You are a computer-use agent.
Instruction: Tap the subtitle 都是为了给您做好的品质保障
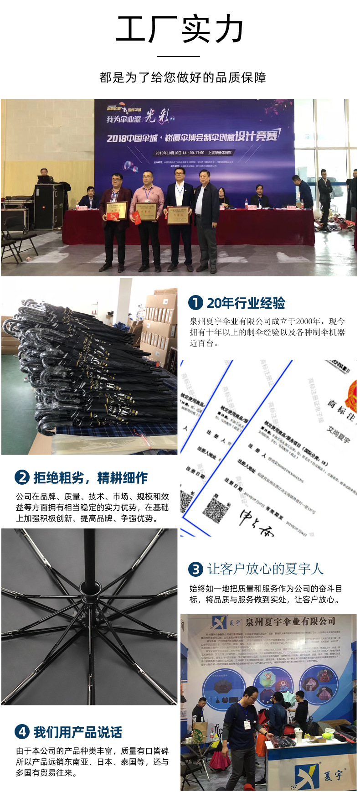coord(183,78)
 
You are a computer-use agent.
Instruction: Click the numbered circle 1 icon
coord(195,303)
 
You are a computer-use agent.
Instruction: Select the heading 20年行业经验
coord(246,303)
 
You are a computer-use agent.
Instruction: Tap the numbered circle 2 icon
coord(22,477)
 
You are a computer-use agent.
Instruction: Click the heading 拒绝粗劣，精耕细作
coord(91,478)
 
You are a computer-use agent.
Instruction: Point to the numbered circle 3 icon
coord(195,569)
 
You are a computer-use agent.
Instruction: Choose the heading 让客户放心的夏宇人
coord(265,569)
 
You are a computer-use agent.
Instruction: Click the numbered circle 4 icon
coord(22,732)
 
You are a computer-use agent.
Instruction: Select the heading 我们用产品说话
coord(78,732)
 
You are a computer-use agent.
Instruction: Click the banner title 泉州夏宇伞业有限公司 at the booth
coord(290,622)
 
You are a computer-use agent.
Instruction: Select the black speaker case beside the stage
coord(48,206)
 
